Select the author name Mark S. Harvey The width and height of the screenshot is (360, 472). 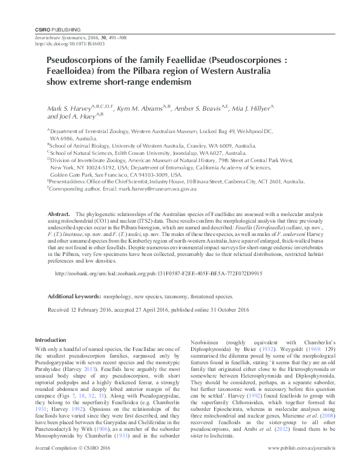68,107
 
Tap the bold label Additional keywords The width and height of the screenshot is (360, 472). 74,297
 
